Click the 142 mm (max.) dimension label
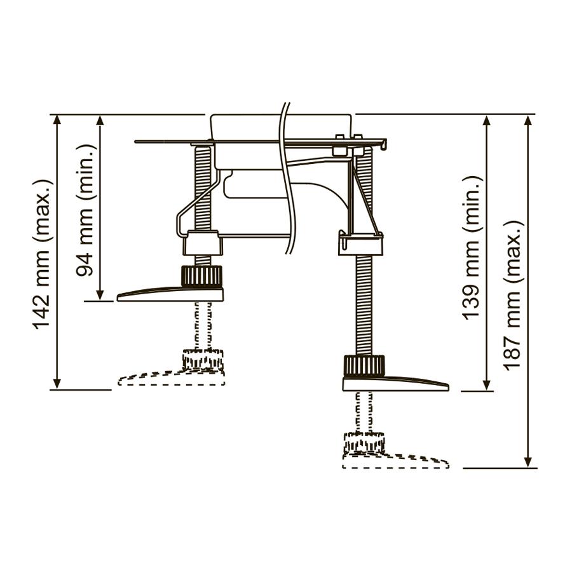pos(42,254)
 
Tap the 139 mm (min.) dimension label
pos(472,248)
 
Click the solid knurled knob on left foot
pos(201,276)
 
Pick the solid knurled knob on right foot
pos(364,366)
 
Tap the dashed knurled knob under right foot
pos(364,442)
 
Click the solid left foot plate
pos(170,294)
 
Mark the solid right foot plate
pos(395,384)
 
